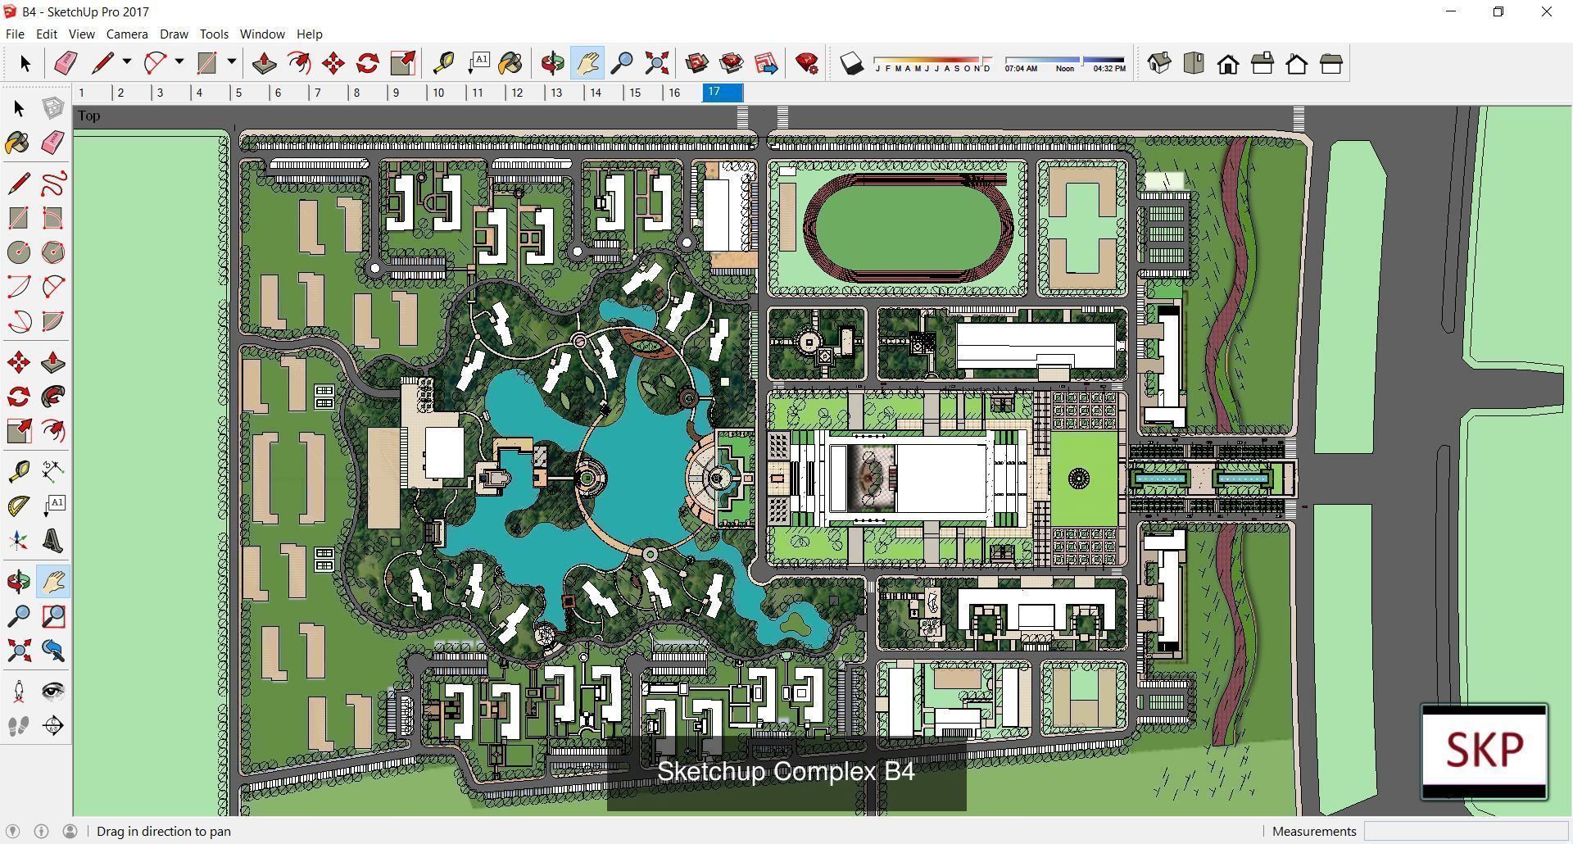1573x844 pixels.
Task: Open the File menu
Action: click(x=15, y=34)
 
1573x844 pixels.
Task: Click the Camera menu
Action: click(x=127, y=34)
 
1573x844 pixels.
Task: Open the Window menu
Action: click(x=262, y=34)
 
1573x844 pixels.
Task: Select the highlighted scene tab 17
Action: click(x=722, y=92)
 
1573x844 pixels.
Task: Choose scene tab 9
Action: click(x=397, y=93)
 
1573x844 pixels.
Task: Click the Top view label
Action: click(x=89, y=116)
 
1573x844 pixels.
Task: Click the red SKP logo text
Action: click(x=1484, y=749)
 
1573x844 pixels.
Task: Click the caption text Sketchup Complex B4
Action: click(x=786, y=771)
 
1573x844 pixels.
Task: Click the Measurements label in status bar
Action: click(x=1314, y=831)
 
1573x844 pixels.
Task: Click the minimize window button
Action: click(x=1451, y=11)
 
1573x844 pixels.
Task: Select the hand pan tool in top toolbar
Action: click(x=587, y=63)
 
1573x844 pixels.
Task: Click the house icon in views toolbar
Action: click(x=1227, y=64)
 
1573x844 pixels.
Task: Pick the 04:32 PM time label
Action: click(x=1108, y=69)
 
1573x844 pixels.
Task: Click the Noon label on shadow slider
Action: click(x=1064, y=69)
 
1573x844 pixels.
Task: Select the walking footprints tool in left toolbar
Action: click(x=19, y=726)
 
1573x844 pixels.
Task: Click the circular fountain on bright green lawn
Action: click(x=1079, y=479)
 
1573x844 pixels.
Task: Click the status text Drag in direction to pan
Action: click(x=164, y=831)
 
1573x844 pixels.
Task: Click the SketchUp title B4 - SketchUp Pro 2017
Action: click(x=85, y=11)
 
